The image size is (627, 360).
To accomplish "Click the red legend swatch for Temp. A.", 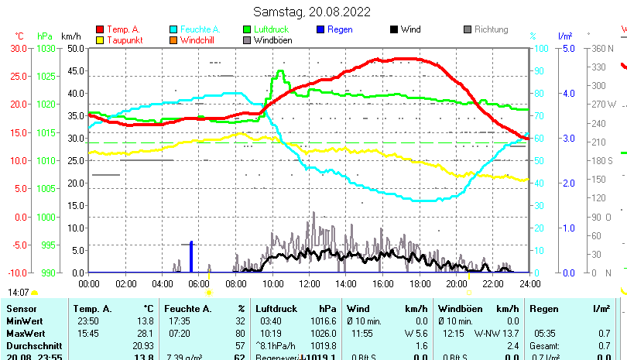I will [x=100, y=29].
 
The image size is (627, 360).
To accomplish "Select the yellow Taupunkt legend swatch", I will [x=100, y=40].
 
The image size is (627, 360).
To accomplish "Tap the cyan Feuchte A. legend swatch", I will [x=174, y=29].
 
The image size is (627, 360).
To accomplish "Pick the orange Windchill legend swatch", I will [x=174, y=40].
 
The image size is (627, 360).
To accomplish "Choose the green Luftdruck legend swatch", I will [x=248, y=29].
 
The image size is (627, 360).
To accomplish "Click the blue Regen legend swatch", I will [x=321, y=29].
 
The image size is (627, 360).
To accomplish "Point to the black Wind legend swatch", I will [x=394, y=29].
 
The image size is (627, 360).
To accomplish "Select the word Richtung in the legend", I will [x=491, y=29].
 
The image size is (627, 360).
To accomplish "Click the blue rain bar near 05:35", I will [x=191, y=257].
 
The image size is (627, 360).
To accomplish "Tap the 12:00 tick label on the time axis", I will [x=309, y=284].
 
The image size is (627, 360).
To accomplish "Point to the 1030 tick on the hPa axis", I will [x=46, y=48].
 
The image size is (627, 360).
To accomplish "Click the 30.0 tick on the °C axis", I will [x=19, y=48].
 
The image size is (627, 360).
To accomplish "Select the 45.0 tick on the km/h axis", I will [x=75, y=70].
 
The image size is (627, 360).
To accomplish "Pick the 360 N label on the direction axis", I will [x=602, y=48].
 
